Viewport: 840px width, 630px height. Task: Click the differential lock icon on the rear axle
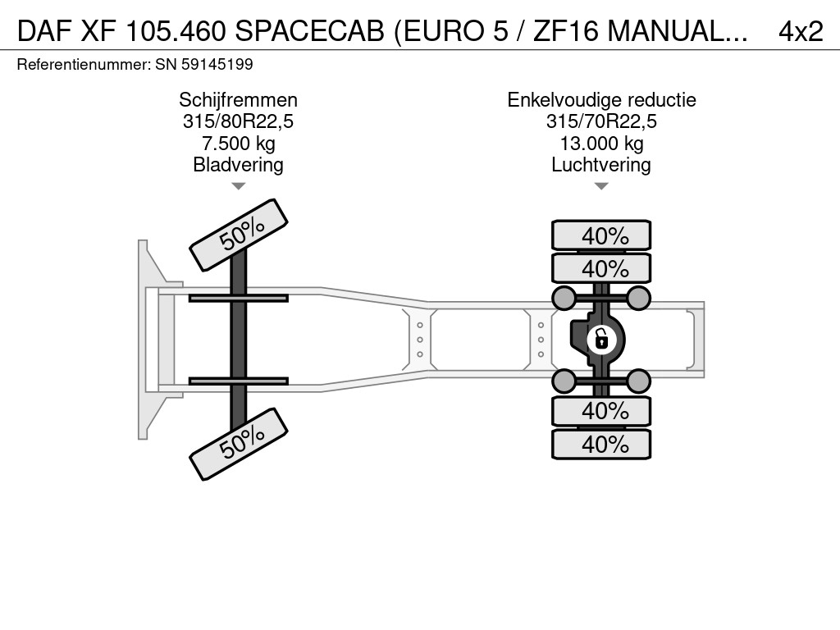tap(600, 340)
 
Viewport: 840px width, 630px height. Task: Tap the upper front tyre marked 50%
tap(239, 235)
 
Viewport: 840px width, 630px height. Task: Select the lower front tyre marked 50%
tap(239, 444)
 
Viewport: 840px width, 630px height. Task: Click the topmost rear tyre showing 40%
tap(601, 235)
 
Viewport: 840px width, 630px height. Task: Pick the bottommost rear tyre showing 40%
tap(601, 444)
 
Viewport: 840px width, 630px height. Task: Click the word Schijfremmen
tap(239, 100)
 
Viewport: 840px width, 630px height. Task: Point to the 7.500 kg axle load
tap(239, 144)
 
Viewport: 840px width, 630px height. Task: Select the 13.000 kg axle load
tap(601, 144)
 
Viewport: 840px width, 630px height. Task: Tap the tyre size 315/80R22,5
tap(239, 121)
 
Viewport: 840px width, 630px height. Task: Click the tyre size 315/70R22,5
tap(601, 121)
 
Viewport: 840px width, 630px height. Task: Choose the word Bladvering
tap(239, 165)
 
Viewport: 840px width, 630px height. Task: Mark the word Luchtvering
tap(601, 165)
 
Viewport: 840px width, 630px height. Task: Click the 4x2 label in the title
tap(801, 32)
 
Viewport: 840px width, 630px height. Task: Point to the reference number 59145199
tap(217, 65)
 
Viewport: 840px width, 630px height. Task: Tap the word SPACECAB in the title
tap(309, 32)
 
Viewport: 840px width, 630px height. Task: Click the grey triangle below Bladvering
tap(239, 186)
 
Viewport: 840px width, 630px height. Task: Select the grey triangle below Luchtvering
tap(601, 186)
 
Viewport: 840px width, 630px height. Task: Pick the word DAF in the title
tap(45, 32)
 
